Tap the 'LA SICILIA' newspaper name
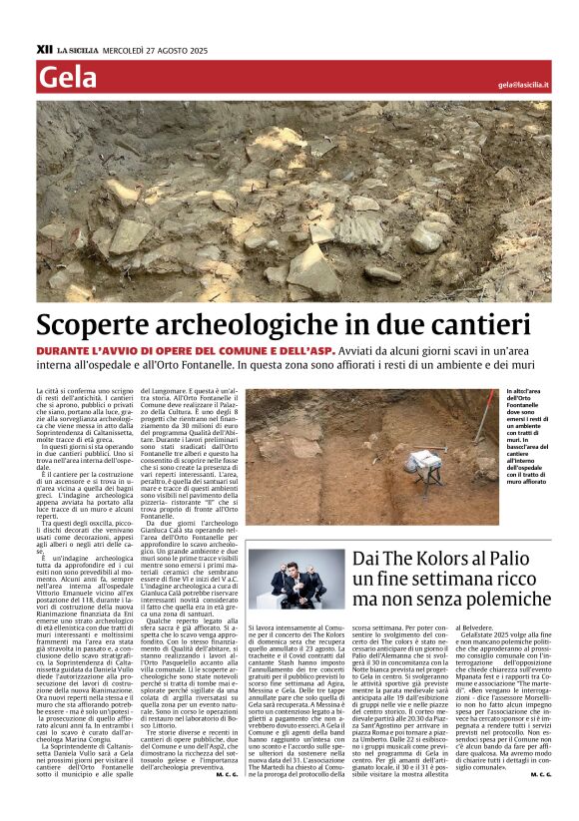click(78, 48)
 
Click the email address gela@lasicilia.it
click(523, 85)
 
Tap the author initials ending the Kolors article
click(540, 773)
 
